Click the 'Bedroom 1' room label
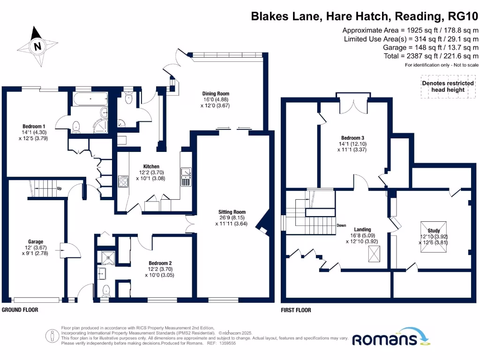[x=34, y=126]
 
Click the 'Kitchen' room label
[x=151, y=166]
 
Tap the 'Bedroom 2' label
[x=161, y=263]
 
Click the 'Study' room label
[x=434, y=230]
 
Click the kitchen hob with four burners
[x=124, y=181]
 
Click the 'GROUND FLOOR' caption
[x=20, y=310]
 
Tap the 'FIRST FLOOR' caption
[x=295, y=310]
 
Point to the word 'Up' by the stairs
[x=59, y=189]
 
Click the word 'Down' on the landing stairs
[x=341, y=225]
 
